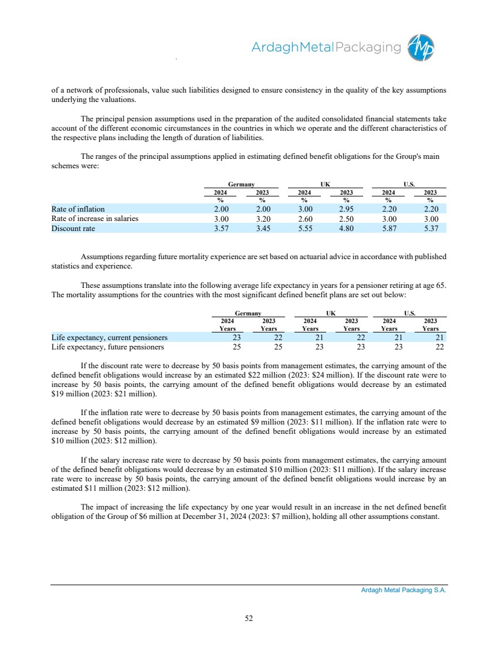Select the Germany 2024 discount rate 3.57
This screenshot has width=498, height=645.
pos(220,229)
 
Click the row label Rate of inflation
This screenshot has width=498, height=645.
pos(78,209)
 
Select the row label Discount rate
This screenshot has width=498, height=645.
pos(73,229)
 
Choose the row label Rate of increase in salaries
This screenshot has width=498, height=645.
pos(95,219)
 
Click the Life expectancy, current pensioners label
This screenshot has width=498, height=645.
pos(109,338)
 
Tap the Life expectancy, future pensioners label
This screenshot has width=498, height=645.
pos(107,347)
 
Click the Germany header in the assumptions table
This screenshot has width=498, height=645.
pos(241,184)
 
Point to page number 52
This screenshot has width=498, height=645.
pos(249,617)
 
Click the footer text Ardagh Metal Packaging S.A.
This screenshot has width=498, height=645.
pos(404,591)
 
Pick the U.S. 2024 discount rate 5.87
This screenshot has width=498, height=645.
pos(388,229)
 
